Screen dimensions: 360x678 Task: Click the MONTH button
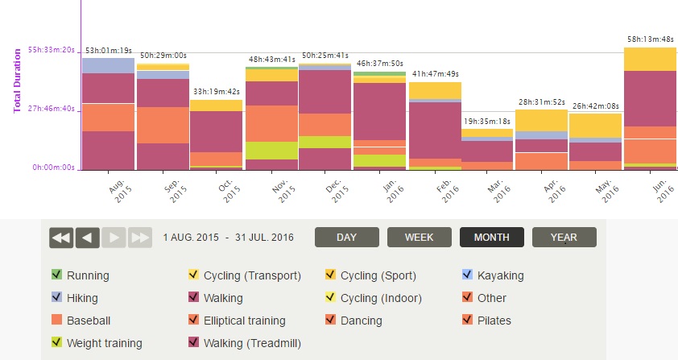(x=491, y=238)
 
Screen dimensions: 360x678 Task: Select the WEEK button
(x=419, y=238)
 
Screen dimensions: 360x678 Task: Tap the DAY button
(x=346, y=238)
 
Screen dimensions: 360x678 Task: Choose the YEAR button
(x=564, y=238)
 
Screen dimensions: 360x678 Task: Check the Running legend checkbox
(x=57, y=275)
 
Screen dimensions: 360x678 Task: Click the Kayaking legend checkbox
(x=468, y=275)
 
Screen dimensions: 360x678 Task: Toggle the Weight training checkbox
(x=57, y=343)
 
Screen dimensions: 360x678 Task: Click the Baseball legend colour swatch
(x=57, y=321)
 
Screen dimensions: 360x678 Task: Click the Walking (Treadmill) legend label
(x=252, y=343)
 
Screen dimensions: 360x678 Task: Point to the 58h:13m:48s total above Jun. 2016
(x=651, y=38)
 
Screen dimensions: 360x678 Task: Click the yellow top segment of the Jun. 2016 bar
(x=650, y=59)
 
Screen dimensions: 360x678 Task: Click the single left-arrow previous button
(x=88, y=238)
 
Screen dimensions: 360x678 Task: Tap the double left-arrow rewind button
(x=61, y=238)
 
